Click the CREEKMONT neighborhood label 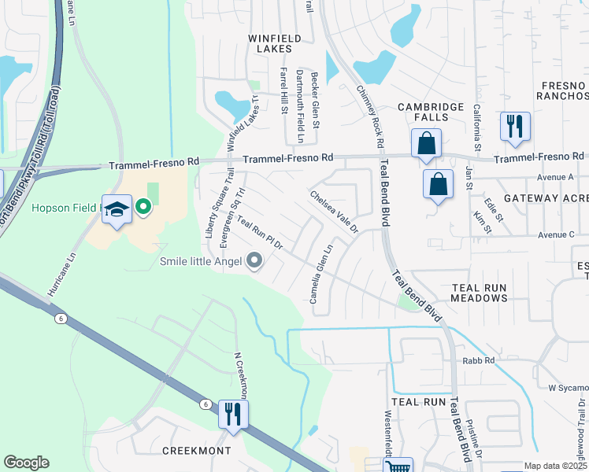(196, 451)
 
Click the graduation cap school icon (117, 208)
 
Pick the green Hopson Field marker (143, 208)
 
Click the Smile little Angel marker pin (254, 260)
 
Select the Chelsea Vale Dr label (334, 212)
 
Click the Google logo (26, 463)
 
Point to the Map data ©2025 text (554, 466)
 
